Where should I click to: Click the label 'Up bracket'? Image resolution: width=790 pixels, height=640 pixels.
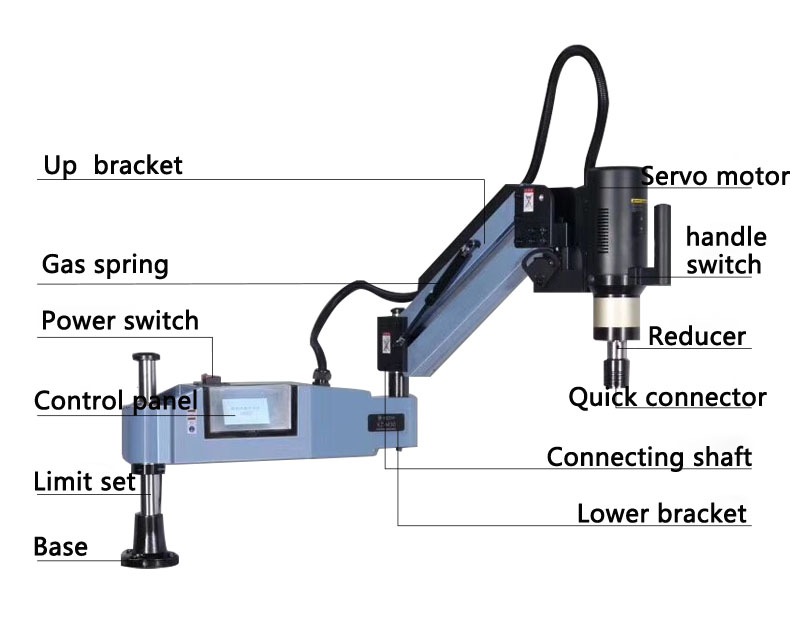(x=113, y=165)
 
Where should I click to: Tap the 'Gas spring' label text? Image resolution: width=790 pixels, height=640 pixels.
(x=105, y=265)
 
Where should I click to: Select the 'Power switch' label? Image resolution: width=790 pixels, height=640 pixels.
(x=120, y=321)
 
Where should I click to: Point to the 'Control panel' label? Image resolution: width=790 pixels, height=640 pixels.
(x=115, y=402)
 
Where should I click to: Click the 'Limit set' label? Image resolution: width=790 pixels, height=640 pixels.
(x=84, y=481)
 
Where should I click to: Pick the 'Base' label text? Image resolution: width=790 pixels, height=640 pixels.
(x=60, y=547)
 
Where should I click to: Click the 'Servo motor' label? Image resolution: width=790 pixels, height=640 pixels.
(x=714, y=177)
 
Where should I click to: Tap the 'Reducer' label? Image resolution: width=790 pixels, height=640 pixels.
(x=697, y=336)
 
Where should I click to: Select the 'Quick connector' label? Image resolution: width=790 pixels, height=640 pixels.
(x=667, y=397)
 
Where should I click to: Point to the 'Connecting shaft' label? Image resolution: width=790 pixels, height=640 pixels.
(x=649, y=457)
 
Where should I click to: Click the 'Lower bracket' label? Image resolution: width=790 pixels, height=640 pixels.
(x=662, y=514)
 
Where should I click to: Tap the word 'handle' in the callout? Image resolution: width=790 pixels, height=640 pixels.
(x=726, y=237)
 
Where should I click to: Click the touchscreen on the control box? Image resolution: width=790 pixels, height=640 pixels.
(x=246, y=410)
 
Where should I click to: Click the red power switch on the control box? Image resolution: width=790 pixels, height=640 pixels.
(x=212, y=378)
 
